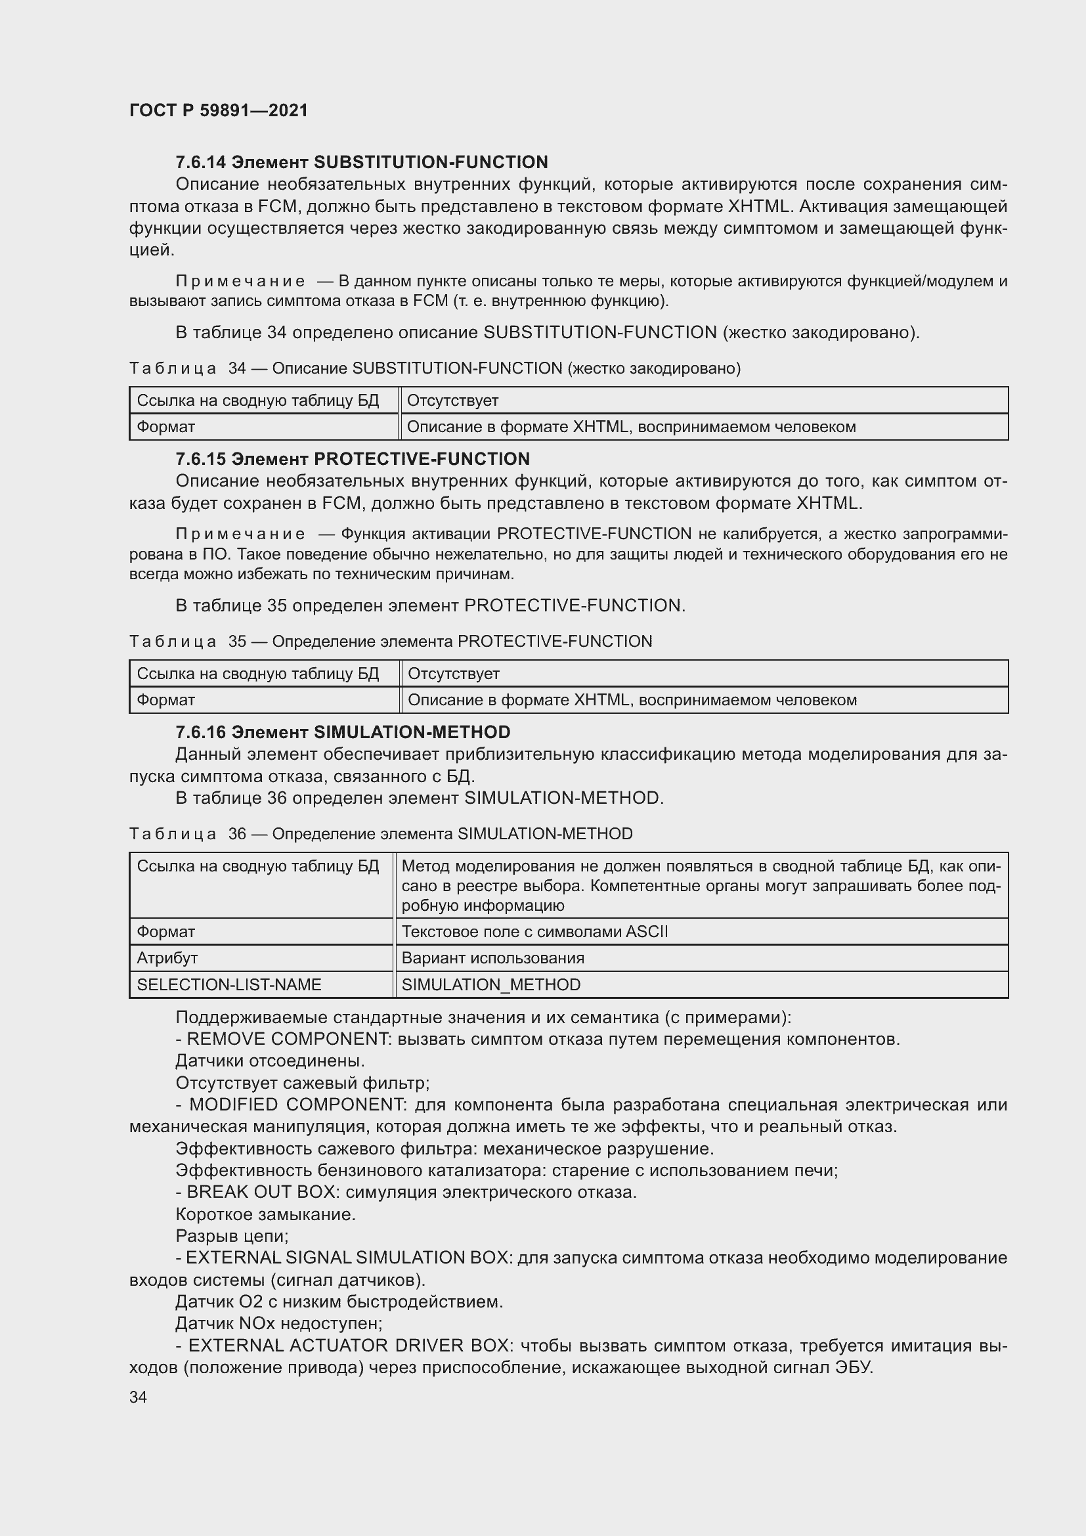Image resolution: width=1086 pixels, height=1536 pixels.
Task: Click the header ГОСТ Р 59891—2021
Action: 219,110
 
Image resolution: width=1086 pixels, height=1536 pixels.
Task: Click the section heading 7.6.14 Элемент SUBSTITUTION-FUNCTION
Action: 361,162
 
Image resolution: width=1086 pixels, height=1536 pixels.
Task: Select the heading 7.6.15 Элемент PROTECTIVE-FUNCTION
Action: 353,459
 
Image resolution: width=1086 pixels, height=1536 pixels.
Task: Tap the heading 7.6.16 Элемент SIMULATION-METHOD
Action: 342,732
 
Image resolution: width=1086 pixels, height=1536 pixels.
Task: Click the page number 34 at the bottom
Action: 139,1397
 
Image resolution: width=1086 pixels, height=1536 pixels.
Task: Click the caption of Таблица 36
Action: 381,833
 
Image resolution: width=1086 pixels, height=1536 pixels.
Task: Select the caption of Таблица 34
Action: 435,368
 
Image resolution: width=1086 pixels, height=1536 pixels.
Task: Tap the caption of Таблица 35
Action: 391,641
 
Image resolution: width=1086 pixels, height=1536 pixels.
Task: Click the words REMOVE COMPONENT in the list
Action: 288,1039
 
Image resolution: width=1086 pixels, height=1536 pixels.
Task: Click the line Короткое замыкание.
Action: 265,1214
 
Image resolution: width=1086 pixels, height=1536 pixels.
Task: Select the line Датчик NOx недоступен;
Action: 279,1323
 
